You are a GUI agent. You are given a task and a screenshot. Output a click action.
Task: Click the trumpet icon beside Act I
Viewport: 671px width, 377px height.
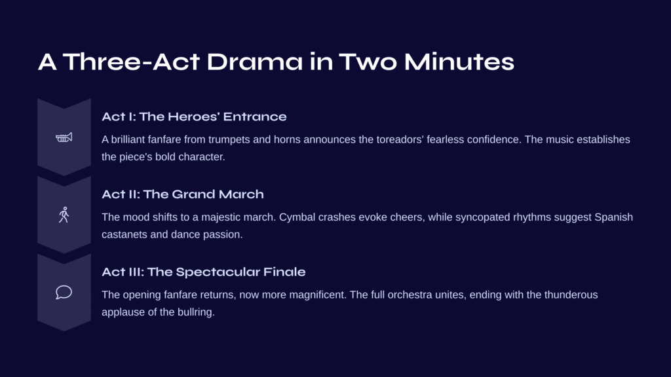(64, 137)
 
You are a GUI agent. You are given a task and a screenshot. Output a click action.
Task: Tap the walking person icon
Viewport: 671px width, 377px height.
(64, 215)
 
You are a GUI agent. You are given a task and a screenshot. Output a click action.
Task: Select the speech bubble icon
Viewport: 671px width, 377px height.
(64, 293)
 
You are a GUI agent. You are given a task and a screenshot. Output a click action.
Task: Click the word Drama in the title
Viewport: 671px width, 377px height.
(255, 62)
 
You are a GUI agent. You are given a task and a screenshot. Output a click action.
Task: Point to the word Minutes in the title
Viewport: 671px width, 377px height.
(459, 62)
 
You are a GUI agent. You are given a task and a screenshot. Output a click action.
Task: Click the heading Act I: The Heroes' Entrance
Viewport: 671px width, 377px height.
(194, 117)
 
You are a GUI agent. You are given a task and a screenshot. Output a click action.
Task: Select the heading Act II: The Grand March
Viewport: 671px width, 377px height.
(183, 194)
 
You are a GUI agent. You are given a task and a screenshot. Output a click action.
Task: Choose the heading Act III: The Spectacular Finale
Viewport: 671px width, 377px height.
(204, 272)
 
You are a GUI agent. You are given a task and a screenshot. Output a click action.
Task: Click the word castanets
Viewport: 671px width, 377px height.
(124, 235)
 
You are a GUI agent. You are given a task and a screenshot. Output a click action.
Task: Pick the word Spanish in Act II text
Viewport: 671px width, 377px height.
(613, 217)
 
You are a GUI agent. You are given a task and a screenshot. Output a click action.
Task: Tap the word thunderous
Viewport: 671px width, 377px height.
(571, 295)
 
